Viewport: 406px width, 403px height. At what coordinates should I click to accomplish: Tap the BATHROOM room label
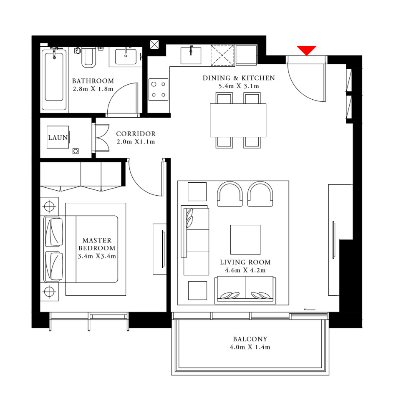(x=93, y=81)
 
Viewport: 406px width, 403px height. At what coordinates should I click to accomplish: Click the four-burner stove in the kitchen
(x=159, y=89)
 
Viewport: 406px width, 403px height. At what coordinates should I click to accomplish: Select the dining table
(x=238, y=120)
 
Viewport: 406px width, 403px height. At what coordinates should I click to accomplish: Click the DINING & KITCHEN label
(x=239, y=78)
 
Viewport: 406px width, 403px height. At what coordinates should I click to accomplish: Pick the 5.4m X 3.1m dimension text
(x=239, y=86)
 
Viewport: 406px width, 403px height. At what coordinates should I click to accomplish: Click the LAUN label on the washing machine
(x=58, y=137)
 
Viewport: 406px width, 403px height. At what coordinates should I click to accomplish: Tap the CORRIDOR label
(x=136, y=134)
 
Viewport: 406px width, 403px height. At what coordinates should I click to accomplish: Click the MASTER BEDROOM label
(x=97, y=244)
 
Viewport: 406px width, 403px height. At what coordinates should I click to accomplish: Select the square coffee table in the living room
(x=245, y=240)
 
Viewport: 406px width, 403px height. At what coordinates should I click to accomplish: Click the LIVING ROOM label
(x=245, y=262)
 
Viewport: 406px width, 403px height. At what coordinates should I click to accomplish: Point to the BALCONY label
(x=250, y=339)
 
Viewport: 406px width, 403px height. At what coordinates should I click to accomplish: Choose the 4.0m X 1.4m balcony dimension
(x=250, y=347)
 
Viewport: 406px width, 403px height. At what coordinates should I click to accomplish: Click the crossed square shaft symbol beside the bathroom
(x=154, y=44)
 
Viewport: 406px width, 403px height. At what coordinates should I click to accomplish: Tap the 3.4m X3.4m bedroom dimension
(x=97, y=256)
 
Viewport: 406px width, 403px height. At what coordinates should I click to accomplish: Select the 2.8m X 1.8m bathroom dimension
(x=93, y=89)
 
